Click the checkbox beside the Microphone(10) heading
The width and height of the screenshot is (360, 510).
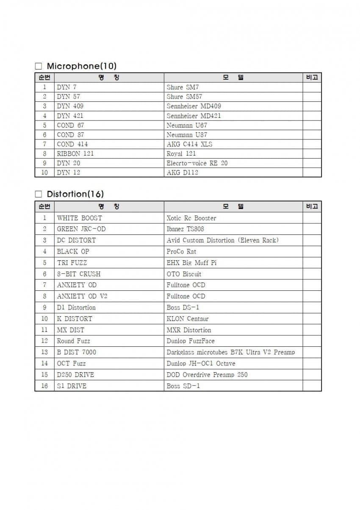[x=39, y=67]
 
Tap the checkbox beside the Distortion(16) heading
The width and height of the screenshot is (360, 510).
[x=39, y=194]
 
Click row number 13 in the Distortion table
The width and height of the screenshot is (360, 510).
[x=44, y=352]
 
